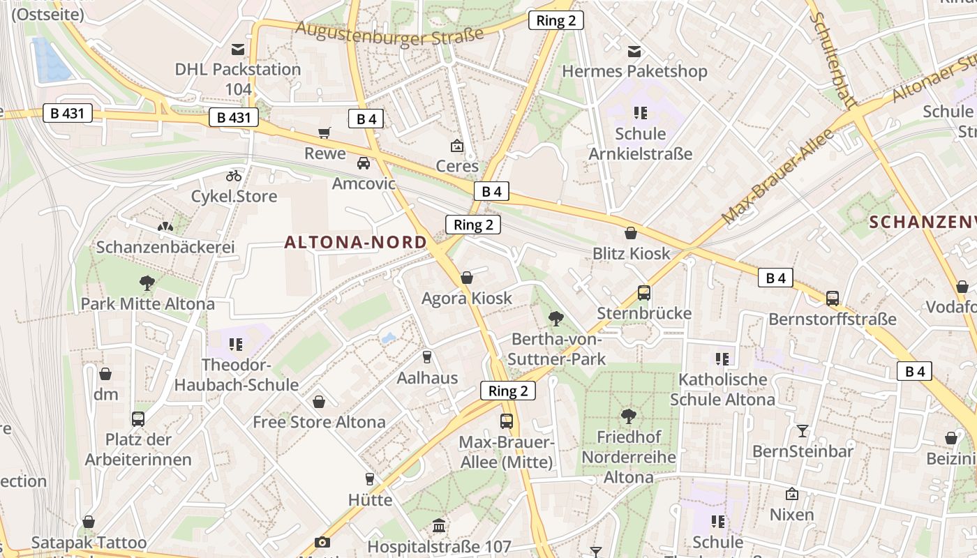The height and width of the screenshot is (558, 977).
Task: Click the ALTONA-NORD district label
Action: [x=355, y=242]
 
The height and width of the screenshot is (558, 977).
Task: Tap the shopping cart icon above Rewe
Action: [x=325, y=133]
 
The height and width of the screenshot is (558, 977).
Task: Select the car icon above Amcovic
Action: [x=364, y=163]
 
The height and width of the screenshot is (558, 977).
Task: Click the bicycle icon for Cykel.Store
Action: [x=234, y=176]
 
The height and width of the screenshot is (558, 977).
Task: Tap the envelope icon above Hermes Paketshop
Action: [x=634, y=51]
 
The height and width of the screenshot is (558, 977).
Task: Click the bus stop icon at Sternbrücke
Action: [x=643, y=293]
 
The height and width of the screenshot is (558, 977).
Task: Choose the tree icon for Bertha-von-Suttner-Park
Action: [x=556, y=319]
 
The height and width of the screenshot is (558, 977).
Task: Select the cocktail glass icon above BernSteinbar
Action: [x=803, y=430]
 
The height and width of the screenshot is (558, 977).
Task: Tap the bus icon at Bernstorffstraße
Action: [x=833, y=299]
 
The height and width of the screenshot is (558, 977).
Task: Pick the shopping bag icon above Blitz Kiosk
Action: [x=631, y=233]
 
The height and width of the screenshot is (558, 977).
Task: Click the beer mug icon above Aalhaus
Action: [x=427, y=357]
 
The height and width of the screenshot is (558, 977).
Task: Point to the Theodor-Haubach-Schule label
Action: [x=236, y=375]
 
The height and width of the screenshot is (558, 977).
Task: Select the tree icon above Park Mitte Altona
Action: [x=147, y=282]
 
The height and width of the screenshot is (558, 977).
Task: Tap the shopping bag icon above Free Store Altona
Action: [x=319, y=402]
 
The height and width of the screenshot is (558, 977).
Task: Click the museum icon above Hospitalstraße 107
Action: [x=439, y=525]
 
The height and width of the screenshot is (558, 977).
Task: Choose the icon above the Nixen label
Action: [x=792, y=494]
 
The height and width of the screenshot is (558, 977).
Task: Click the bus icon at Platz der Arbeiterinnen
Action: [x=138, y=419]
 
